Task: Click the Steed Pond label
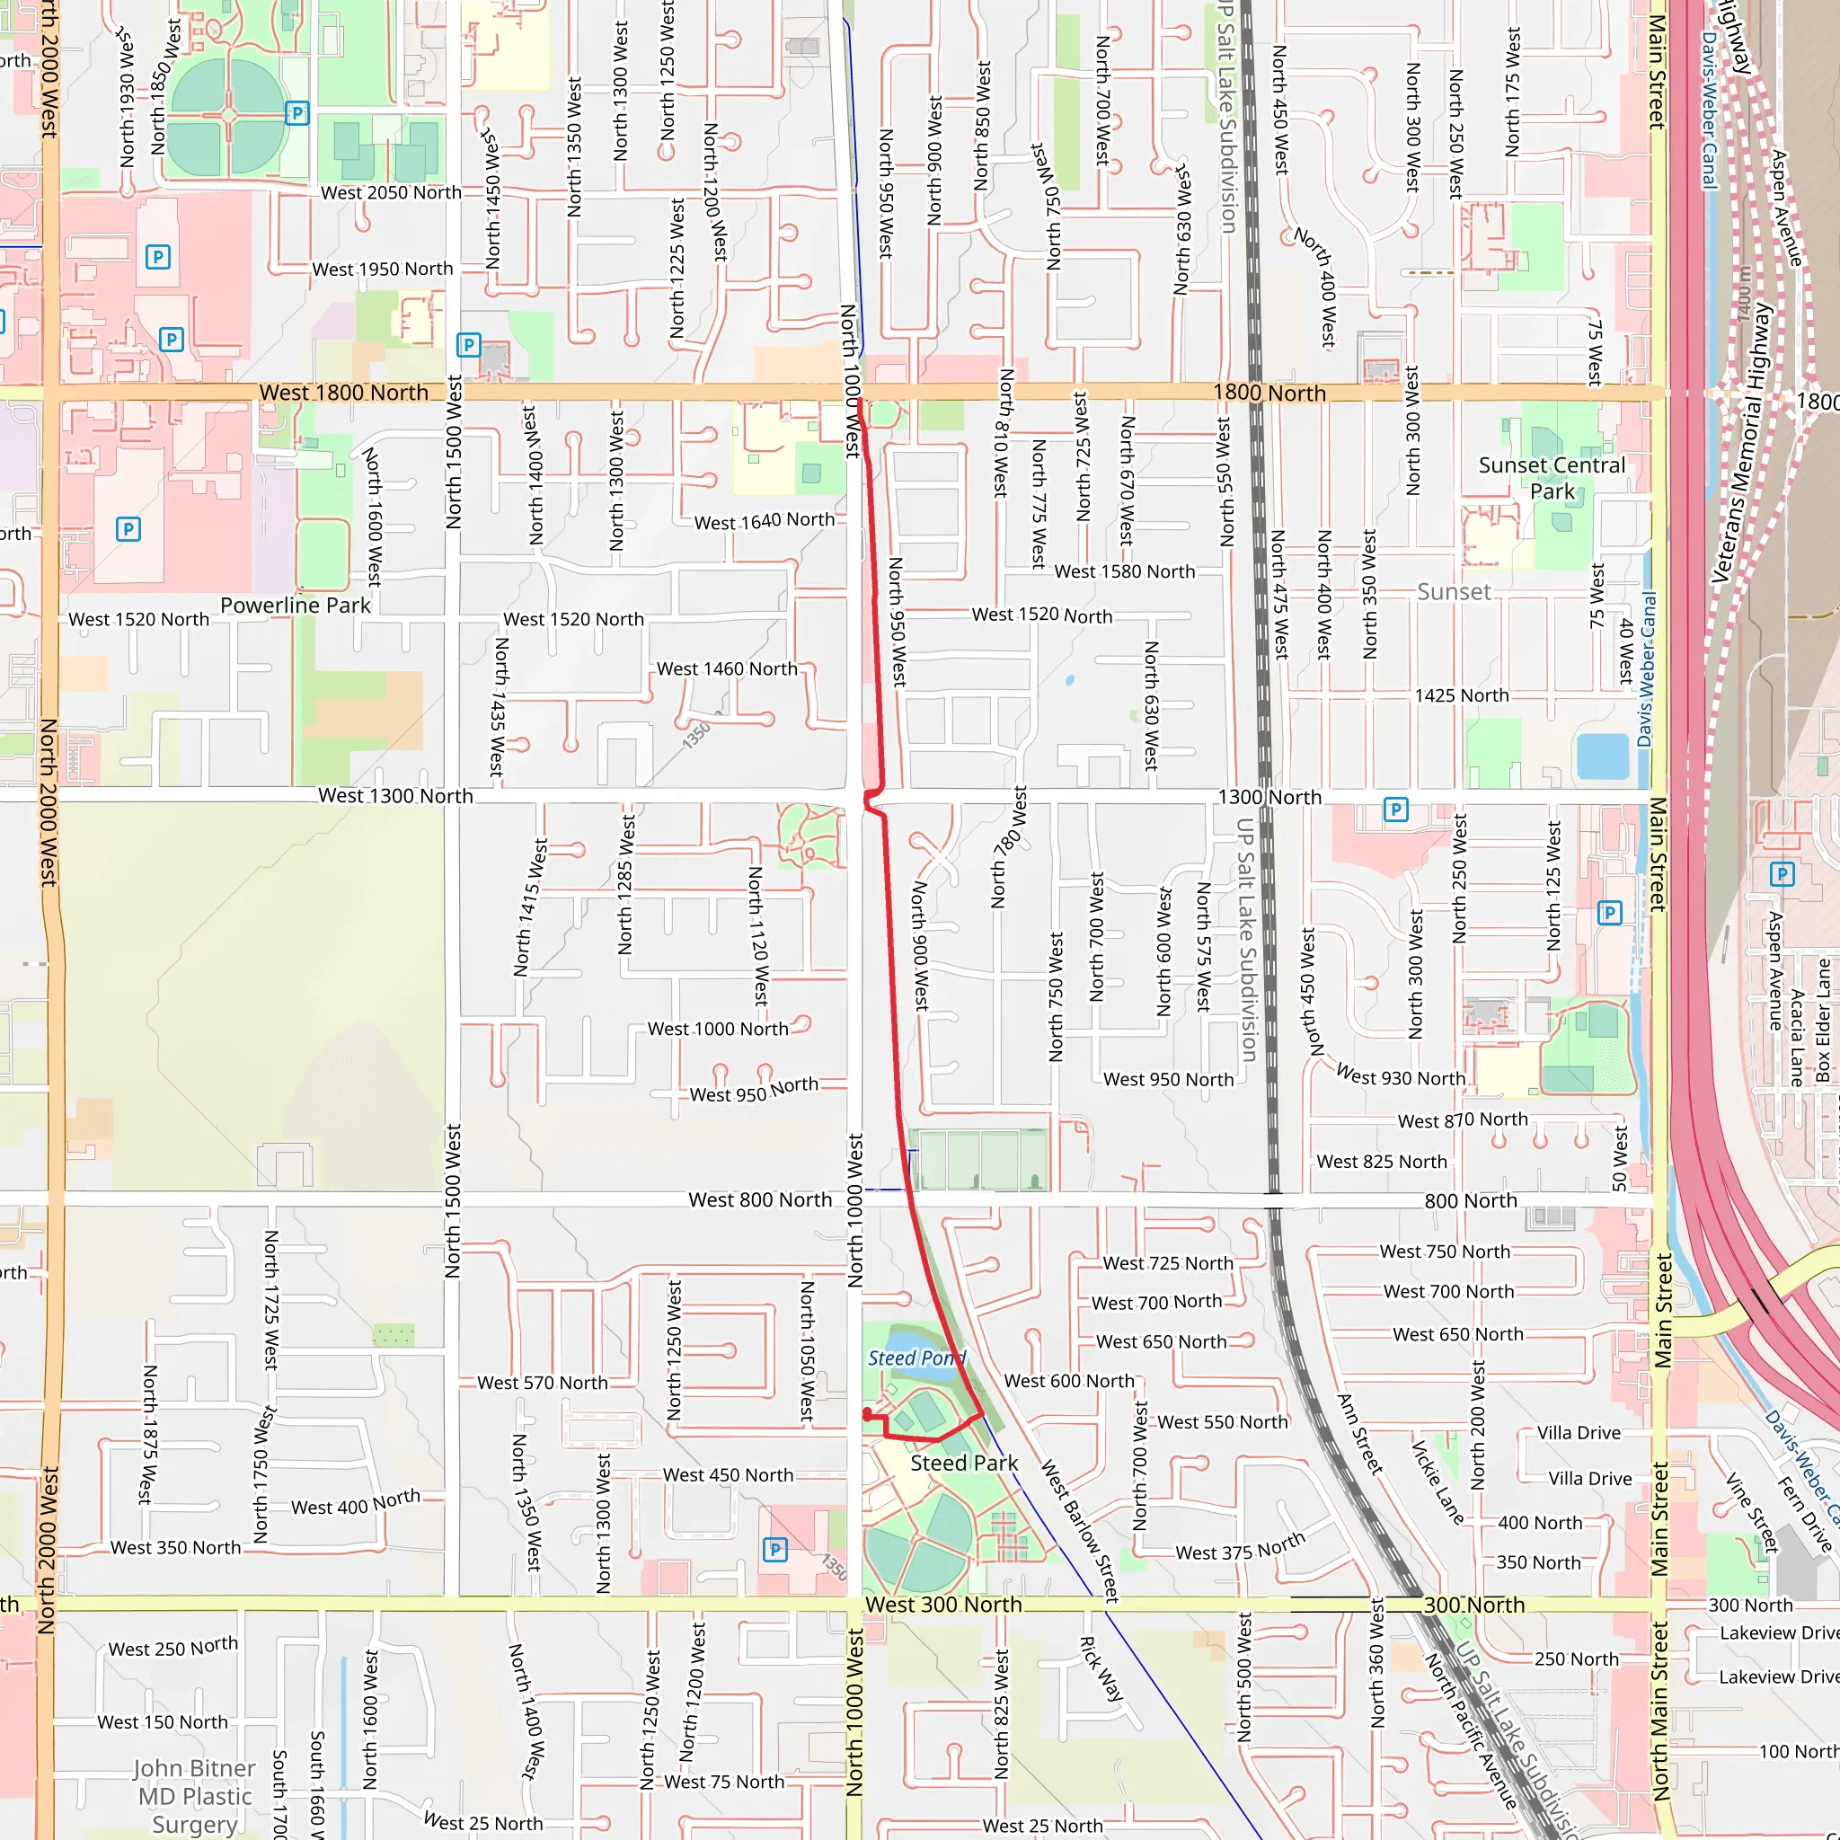916,1358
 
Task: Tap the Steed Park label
964,1463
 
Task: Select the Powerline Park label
296,605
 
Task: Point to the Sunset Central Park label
1552,478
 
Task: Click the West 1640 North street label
764,521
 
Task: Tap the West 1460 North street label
727,668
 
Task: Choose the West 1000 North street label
717,1029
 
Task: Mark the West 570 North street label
542,1383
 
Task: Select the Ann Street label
1359,1434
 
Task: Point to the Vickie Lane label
1437,1482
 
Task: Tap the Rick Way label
1101,1668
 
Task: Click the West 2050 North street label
391,192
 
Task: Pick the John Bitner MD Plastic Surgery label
194,1796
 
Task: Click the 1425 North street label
1461,695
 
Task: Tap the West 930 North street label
1400,1076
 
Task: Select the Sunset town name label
1454,591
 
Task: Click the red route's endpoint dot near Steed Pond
867,1414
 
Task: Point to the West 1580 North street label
1124,571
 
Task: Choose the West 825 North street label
1381,1161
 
